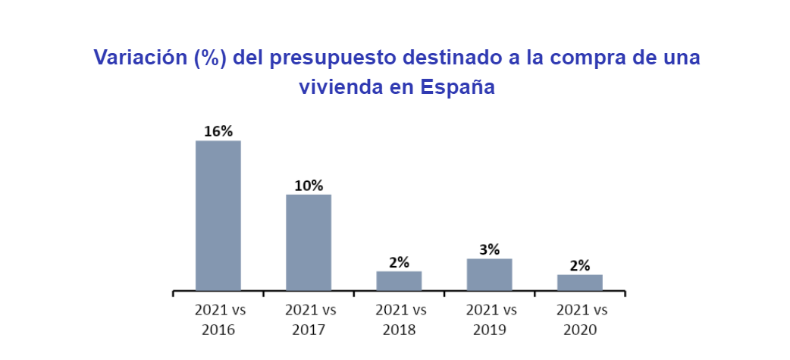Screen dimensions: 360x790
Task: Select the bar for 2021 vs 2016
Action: pos(218,215)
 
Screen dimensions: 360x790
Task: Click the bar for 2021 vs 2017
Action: pos(309,243)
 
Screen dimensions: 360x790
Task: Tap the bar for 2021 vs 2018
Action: pos(399,280)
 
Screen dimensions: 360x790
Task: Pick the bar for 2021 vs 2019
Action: pos(489,274)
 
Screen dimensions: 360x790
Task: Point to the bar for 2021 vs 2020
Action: pos(580,282)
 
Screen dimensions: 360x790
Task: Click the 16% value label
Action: pos(218,131)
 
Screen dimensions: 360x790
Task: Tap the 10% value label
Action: pos(309,186)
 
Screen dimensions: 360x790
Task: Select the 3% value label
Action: pos(489,249)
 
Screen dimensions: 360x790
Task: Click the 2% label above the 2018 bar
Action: pos(399,262)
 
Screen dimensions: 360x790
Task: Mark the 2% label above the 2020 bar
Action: pos(580,265)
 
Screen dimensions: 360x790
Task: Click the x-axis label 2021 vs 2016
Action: pos(219,320)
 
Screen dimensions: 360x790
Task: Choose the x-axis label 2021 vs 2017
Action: pos(309,320)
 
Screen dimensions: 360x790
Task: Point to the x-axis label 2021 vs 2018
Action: pos(400,320)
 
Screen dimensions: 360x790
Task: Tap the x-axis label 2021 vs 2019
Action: pos(490,320)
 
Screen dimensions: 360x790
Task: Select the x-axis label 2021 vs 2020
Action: pos(581,320)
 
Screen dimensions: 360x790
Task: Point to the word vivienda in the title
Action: pos(342,87)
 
